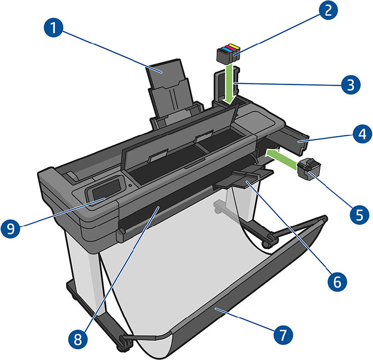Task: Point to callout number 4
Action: pos(360,134)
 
